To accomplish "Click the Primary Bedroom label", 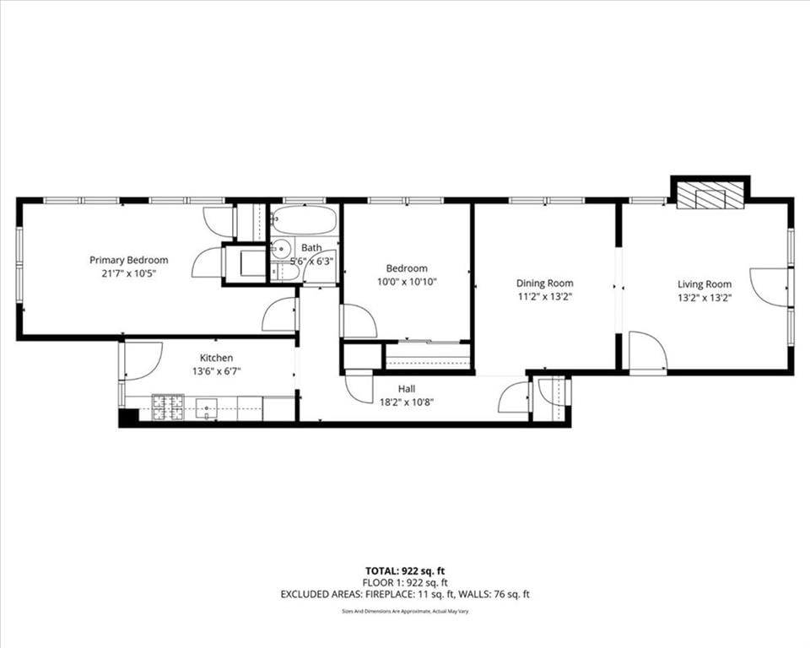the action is [128, 260].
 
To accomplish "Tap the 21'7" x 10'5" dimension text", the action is [128, 273].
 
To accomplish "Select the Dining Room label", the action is [544, 283].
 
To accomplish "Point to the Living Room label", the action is [705, 284].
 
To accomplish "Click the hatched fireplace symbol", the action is [710, 195].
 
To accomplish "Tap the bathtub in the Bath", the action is [305, 221].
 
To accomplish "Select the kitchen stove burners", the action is [168, 408].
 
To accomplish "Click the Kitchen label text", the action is [217, 358].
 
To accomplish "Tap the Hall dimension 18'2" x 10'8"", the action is [407, 402].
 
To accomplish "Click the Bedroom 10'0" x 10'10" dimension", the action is [407, 282].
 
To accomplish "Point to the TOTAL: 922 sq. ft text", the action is [405, 571].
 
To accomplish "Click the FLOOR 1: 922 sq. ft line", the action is [405, 583].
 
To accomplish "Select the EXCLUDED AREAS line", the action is [405, 594].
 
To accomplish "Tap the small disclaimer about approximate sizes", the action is [405, 612].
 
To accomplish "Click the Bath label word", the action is [311, 248].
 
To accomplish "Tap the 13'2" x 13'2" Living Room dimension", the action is [705, 298].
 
